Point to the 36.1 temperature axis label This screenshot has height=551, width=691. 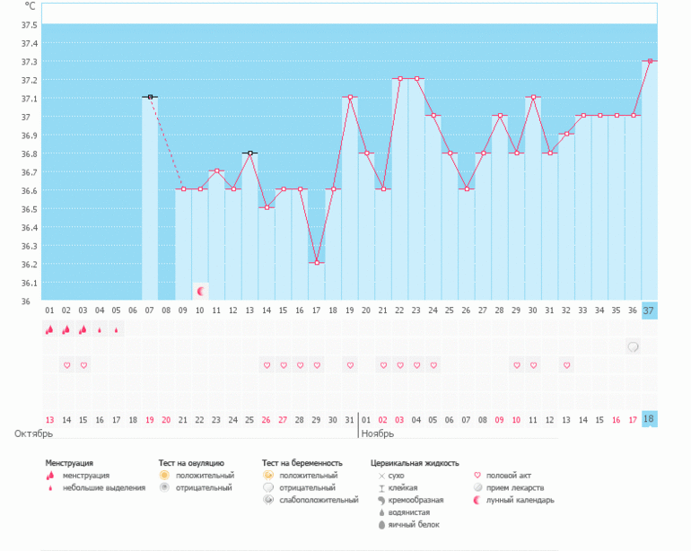(28, 282)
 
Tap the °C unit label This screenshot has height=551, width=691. (30, 5)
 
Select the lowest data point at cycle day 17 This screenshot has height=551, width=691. (317, 263)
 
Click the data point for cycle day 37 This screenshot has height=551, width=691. (650, 61)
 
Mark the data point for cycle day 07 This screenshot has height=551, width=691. (150, 97)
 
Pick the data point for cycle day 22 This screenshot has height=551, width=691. (399, 79)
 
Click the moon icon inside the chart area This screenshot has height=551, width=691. (202, 292)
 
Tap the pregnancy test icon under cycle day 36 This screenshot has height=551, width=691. (634, 346)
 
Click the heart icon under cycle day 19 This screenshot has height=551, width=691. (350, 365)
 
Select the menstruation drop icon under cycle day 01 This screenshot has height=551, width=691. (50, 329)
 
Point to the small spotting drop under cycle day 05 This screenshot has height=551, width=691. (117, 329)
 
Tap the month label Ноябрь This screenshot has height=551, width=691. (379, 433)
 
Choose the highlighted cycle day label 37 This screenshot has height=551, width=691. (650, 310)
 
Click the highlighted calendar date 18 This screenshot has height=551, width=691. (650, 419)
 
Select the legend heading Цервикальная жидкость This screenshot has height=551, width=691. (415, 463)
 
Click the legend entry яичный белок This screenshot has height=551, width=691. (413, 524)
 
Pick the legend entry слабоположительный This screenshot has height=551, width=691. (316, 500)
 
